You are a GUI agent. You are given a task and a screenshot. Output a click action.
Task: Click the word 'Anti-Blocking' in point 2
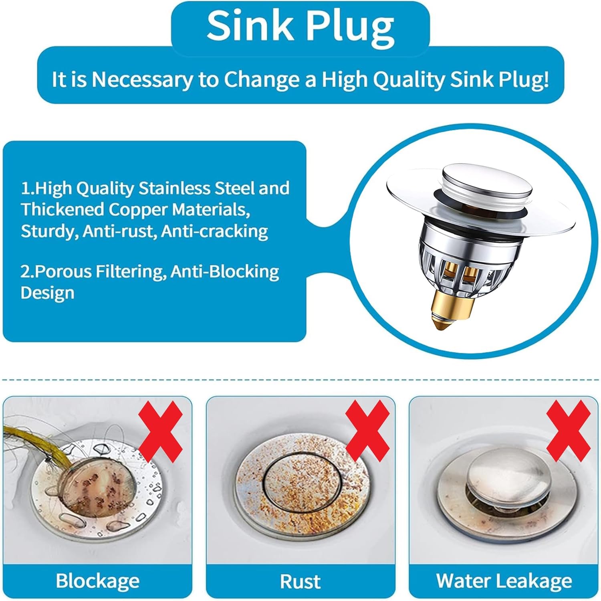pyautogui.click(x=225, y=271)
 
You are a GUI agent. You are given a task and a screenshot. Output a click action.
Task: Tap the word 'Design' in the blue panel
pyautogui.click(x=47, y=293)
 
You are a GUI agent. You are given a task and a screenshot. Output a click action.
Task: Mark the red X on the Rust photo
pyautogui.click(x=367, y=432)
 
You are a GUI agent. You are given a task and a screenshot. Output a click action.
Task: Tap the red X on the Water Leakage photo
pyautogui.click(x=568, y=432)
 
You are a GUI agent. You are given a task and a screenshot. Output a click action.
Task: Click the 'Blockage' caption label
pyautogui.click(x=97, y=581)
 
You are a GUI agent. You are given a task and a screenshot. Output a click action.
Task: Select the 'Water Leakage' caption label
pyautogui.click(x=504, y=581)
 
